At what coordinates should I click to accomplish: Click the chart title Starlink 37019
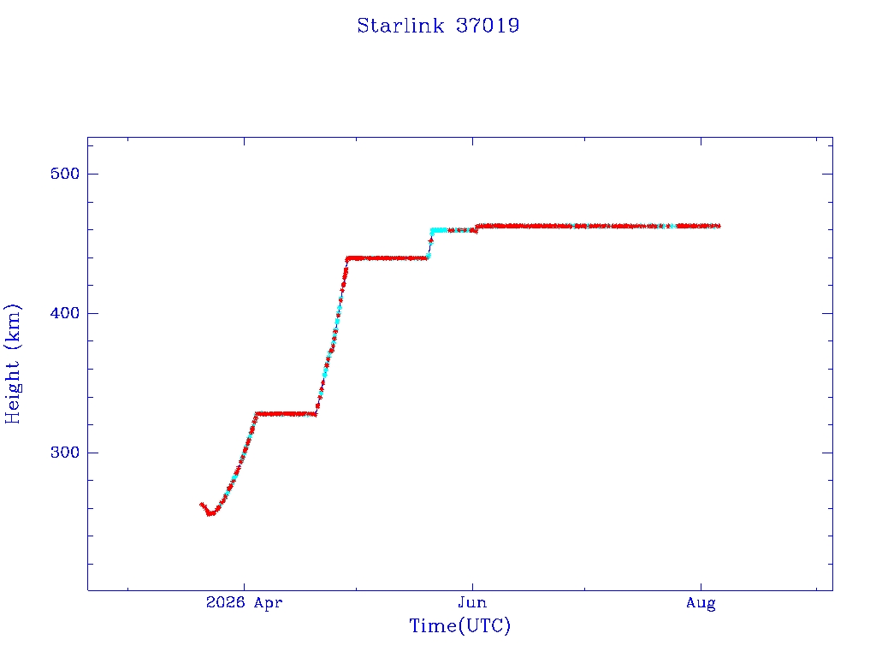(x=438, y=26)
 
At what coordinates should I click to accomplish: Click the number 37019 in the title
(x=488, y=26)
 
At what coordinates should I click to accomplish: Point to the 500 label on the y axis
(x=65, y=174)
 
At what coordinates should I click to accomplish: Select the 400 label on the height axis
(x=65, y=313)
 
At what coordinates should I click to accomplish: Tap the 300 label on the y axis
(x=65, y=452)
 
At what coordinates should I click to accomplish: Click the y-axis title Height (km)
(x=12, y=364)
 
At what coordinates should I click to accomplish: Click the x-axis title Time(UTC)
(x=459, y=625)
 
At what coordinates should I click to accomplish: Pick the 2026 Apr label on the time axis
(x=244, y=602)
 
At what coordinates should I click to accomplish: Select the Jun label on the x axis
(x=472, y=602)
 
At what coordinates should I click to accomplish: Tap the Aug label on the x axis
(x=701, y=603)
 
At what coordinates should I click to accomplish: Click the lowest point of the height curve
(x=210, y=513)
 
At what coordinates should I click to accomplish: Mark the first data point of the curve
(x=202, y=505)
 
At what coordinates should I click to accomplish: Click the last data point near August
(x=719, y=226)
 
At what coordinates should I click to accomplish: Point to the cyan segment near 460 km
(x=439, y=229)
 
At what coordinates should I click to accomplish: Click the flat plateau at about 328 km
(x=286, y=414)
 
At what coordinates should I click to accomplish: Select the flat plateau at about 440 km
(x=387, y=258)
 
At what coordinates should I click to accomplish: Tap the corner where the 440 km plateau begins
(x=347, y=258)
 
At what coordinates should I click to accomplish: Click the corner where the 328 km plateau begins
(x=256, y=415)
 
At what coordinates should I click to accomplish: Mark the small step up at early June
(x=476, y=228)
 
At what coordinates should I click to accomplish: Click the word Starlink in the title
(x=400, y=26)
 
